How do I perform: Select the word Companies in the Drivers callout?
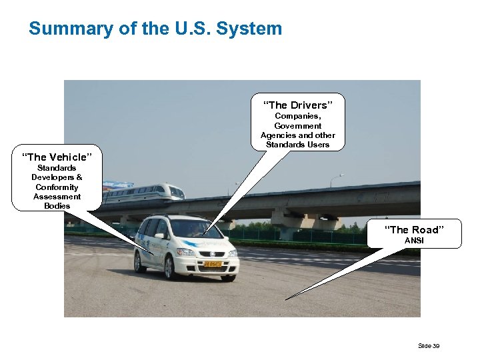pyautogui.click(x=298, y=116)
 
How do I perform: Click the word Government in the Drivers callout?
pyautogui.click(x=298, y=125)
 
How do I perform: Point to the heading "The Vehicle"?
pyautogui.click(x=57, y=157)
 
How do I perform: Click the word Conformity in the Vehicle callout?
pyautogui.click(x=57, y=187)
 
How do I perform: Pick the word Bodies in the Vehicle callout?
pyautogui.click(x=57, y=206)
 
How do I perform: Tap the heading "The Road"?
pyautogui.click(x=413, y=230)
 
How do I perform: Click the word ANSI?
pyautogui.click(x=414, y=240)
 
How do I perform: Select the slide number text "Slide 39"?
pyautogui.click(x=428, y=345)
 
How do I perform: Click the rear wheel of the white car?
pyautogui.click(x=139, y=261)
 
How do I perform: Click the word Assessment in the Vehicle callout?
pyautogui.click(x=57, y=197)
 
